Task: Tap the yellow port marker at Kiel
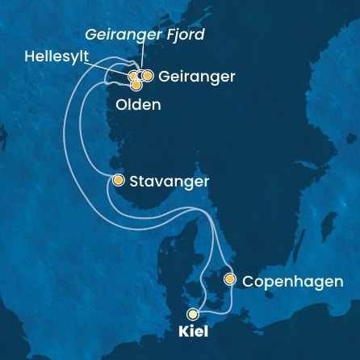193,314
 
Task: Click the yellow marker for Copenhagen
230,280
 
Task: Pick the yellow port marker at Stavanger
119,180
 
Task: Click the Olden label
139,104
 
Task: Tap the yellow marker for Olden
136,84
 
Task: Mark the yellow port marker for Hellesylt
133,76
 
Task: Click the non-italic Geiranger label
198,77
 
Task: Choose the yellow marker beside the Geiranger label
148,76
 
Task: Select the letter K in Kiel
180,331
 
